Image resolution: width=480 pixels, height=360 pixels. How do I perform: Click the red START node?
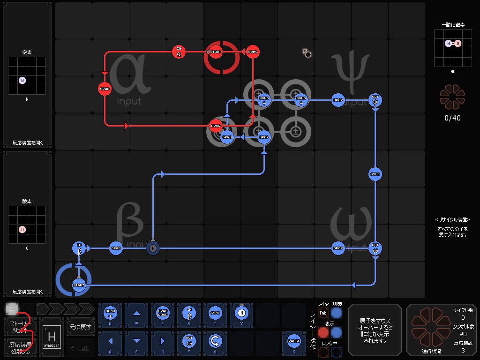pos(216,52)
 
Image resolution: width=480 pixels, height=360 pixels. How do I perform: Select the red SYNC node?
pos(253,52)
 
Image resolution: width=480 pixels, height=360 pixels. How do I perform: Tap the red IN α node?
pos(179,52)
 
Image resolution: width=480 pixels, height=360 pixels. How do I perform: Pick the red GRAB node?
pos(105,89)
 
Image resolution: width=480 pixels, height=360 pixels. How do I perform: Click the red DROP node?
pos(216,126)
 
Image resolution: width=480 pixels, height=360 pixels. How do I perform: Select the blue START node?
pos(79,285)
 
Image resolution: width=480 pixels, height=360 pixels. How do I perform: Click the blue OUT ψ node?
pos(375,100)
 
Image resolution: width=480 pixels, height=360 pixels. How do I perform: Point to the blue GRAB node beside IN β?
pos(116,248)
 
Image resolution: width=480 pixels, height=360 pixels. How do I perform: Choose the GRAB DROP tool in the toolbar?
pos(163,313)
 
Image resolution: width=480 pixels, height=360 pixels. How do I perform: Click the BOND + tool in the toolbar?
pos(111,313)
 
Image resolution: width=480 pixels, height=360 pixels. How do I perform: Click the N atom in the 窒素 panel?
pos(22,80)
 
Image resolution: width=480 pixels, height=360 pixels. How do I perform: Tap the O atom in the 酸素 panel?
pos(22,229)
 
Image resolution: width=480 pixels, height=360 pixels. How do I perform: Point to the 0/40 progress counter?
pos(452,118)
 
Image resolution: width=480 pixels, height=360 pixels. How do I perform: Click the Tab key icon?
pos(323,313)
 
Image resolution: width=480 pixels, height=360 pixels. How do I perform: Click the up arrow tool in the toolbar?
pos(136,313)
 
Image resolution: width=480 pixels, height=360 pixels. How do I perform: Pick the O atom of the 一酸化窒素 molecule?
pos(458,44)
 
